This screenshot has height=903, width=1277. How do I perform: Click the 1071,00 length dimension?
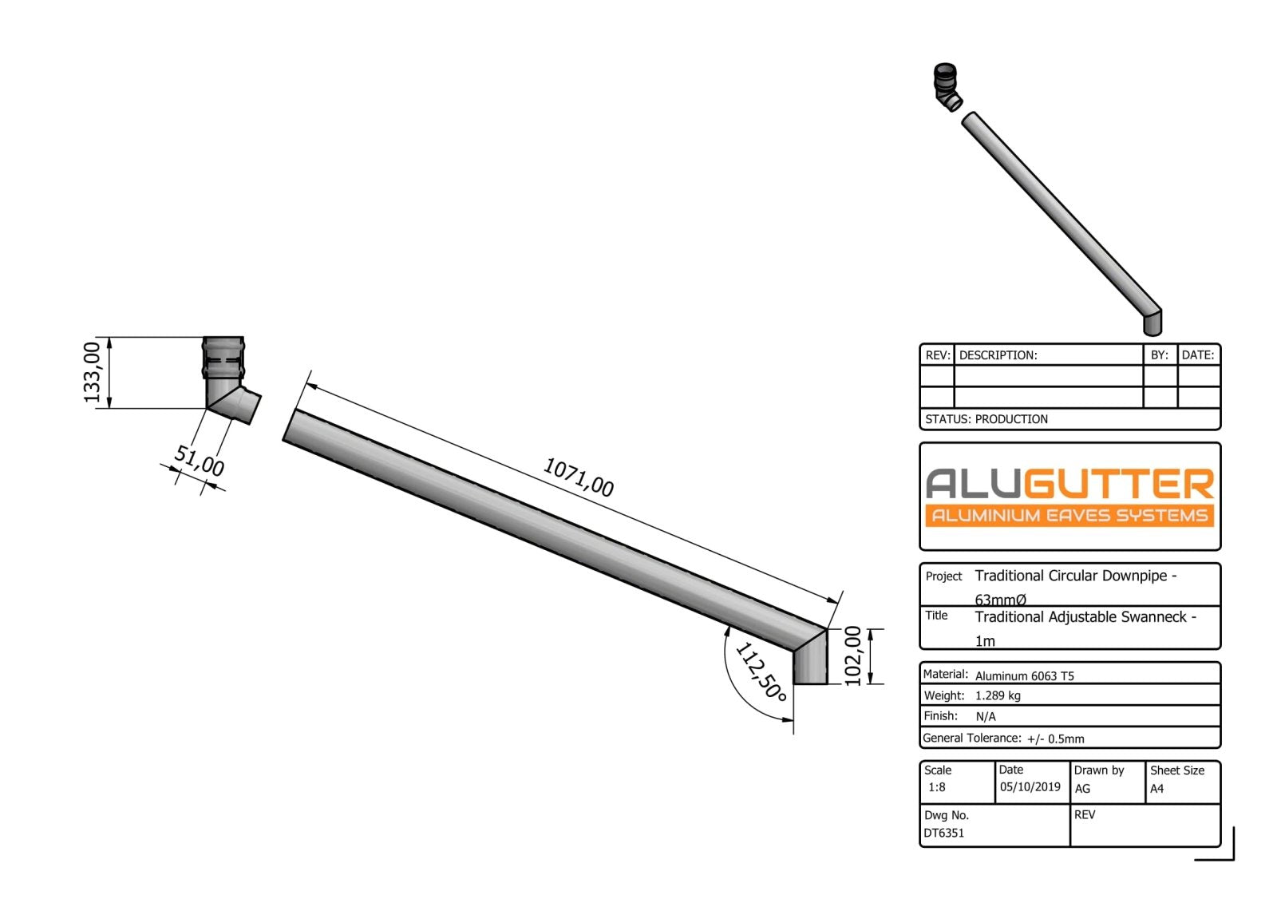click(578, 477)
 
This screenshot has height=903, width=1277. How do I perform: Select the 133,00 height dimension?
click(93, 372)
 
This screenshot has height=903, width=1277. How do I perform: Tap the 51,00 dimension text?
click(200, 461)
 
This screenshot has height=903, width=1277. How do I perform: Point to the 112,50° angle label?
click(761, 671)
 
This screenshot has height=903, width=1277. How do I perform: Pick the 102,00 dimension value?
click(853, 656)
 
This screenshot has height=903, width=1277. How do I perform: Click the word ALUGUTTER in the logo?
click(1069, 484)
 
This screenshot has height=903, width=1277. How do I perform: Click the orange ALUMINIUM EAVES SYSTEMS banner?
click(1069, 515)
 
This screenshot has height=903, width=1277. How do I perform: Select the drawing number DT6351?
click(944, 833)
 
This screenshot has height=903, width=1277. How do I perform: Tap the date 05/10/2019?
click(1030, 787)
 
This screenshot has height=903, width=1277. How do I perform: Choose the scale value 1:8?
click(936, 787)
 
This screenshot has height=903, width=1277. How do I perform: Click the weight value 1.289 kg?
click(998, 695)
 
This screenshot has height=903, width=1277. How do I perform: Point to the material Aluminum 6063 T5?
click(1024, 675)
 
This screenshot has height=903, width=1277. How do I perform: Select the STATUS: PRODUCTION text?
click(986, 419)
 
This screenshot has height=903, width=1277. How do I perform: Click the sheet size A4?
click(1156, 788)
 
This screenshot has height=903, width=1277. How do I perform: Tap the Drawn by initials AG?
click(1082, 788)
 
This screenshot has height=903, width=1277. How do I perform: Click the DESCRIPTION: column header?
click(998, 355)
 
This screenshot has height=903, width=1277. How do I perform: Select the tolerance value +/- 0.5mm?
click(1055, 739)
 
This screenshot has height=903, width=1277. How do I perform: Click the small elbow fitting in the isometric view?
click(947, 88)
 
